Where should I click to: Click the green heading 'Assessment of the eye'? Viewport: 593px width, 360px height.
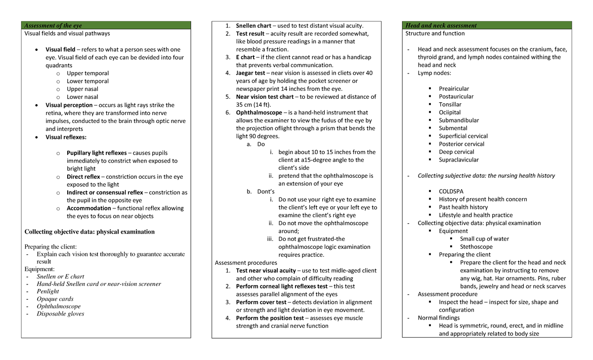tap(53, 26)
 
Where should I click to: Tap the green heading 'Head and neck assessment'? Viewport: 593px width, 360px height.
tap(441, 26)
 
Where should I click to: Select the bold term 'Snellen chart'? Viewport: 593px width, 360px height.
tap(254, 26)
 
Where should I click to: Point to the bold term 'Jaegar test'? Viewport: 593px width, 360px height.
tap(251, 73)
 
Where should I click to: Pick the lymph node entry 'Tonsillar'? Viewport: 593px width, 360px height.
tap(450, 105)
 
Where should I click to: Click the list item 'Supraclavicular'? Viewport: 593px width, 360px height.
tap(459, 160)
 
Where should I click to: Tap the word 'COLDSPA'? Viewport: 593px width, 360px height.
tap(451, 192)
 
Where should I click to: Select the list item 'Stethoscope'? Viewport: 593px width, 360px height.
tap(476, 247)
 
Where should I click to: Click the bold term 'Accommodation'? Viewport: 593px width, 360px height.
tap(89, 208)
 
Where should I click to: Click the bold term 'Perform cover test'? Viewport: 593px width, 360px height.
tap(261, 302)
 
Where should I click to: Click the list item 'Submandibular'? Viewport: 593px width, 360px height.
tap(459, 120)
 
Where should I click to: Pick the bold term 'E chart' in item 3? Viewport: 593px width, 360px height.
tap(246, 57)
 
